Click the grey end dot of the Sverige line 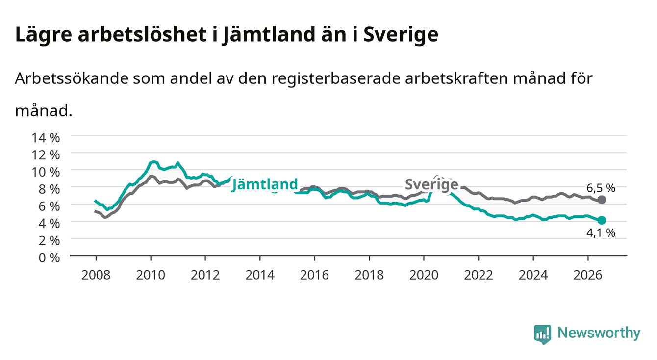click(602, 200)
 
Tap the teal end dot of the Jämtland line click(602, 220)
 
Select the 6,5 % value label click(601, 188)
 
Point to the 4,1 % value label click(601, 233)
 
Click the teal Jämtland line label click(265, 185)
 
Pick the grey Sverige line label click(431, 184)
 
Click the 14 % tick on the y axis click(46, 138)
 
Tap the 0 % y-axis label click(49, 258)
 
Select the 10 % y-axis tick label click(46, 172)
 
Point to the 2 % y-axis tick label click(49, 241)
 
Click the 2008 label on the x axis click(96, 275)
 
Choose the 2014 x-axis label click(260, 275)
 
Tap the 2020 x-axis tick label click(424, 275)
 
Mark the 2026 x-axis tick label click(588, 275)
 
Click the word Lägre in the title click(44, 35)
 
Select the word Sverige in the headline click(401, 35)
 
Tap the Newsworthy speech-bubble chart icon click(543, 334)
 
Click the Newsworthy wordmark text click(599, 333)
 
